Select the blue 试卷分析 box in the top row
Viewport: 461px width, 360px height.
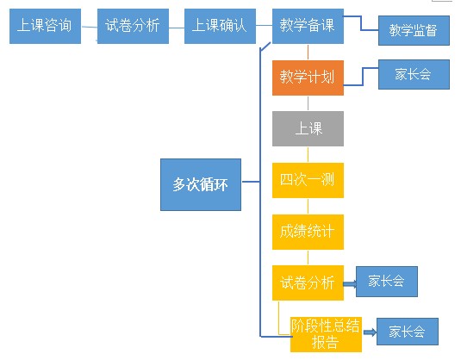click(133, 27)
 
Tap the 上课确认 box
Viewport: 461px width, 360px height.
click(219, 27)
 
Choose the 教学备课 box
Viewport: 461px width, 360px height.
click(308, 27)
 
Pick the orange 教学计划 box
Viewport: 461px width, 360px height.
click(308, 78)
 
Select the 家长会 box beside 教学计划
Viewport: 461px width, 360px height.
click(414, 75)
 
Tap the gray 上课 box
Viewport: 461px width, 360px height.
click(308, 129)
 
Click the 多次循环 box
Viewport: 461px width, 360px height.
click(201, 184)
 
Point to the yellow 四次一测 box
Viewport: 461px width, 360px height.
click(308, 180)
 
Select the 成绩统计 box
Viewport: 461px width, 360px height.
click(308, 232)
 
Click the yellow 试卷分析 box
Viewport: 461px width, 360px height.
click(308, 282)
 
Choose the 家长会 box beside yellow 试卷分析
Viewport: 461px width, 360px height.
click(387, 282)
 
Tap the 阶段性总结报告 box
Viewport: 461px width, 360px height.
click(325, 334)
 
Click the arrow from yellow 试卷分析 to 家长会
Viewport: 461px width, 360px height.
click(349, 282)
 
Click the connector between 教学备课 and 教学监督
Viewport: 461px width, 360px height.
click(361, 30)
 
